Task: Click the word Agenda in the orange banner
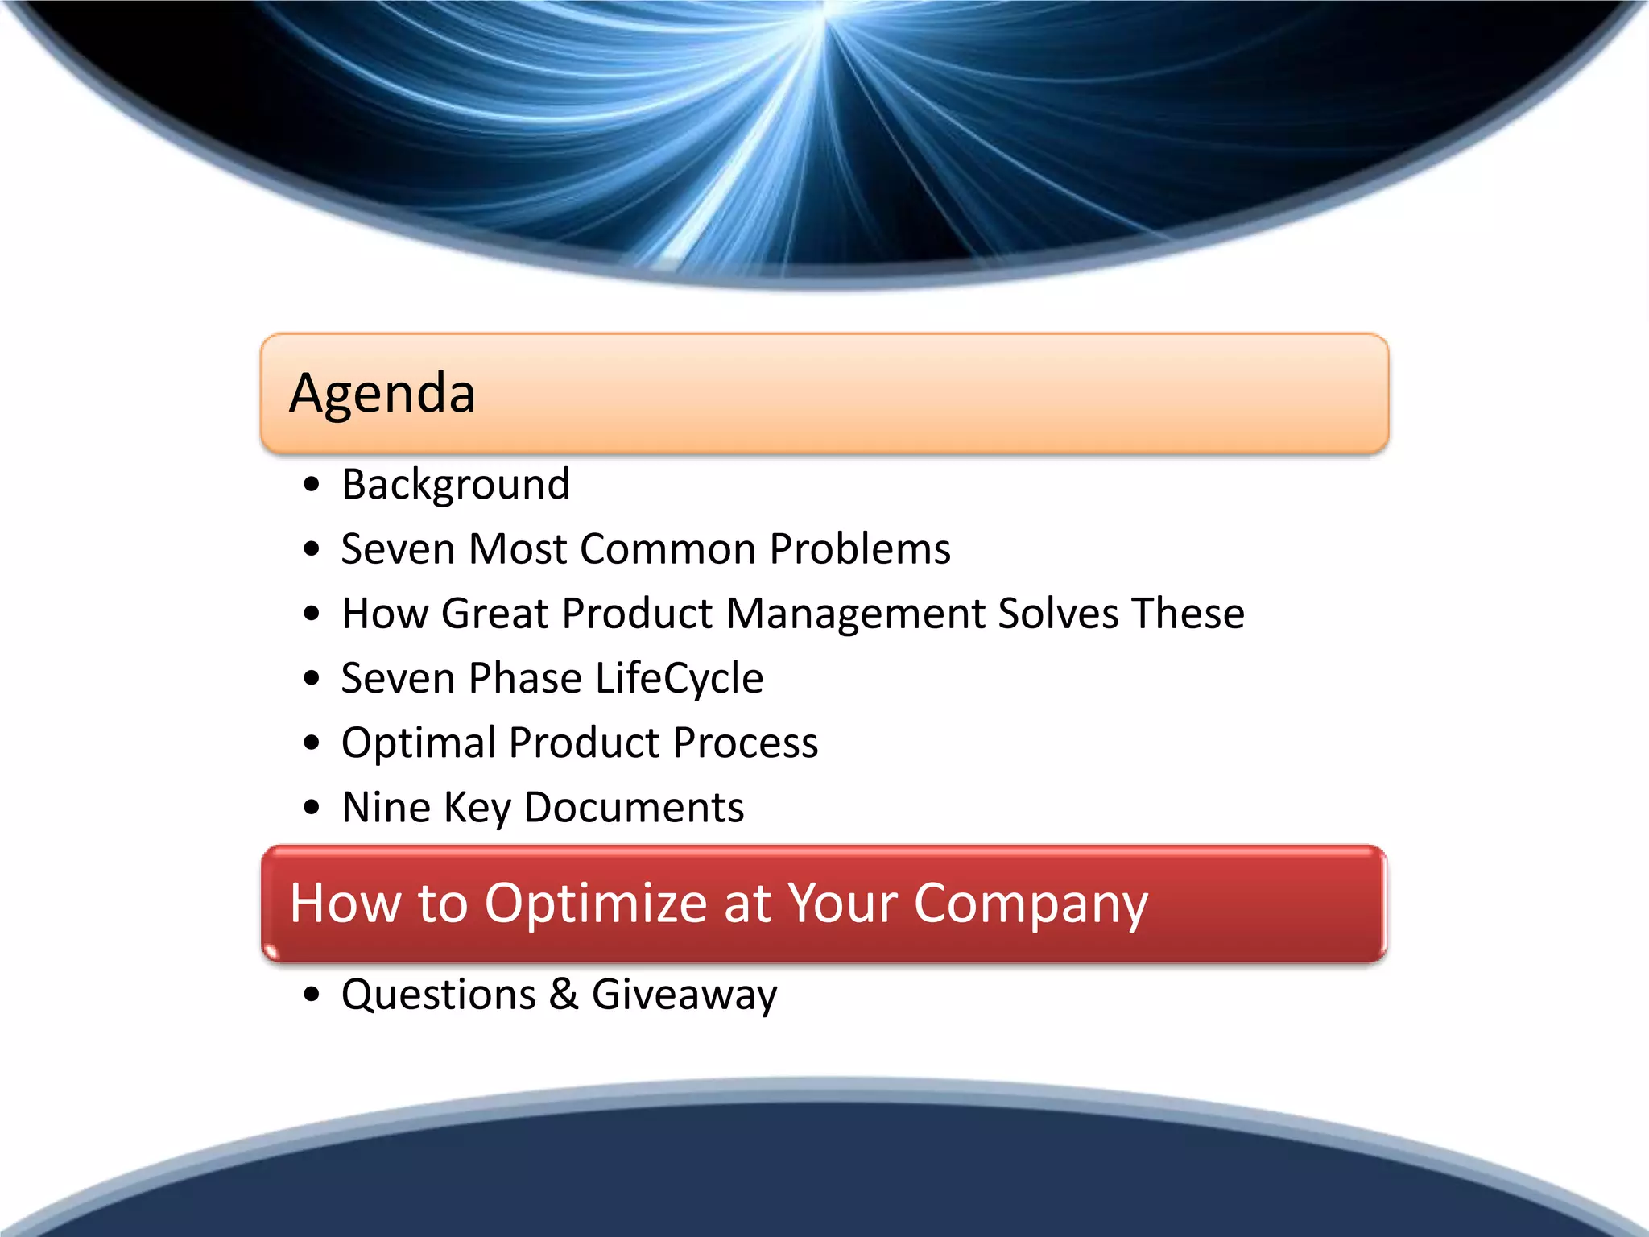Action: [x=382, y=394]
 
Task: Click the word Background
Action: [x=456, y=485]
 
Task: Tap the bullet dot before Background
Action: [x=312, y=485]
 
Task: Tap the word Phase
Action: [x=525, y=678]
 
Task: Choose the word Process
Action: [x=746, y=743]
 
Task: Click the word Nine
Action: [x=386, y=807]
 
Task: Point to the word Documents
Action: [x=634, y=807]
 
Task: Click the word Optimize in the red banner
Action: [x=596, y=904]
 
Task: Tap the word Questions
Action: [x=439, y=995]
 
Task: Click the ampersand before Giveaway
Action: [x=564, y=994]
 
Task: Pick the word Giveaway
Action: [x=684, y=995]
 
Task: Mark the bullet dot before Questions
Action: [x=312, y=995]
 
